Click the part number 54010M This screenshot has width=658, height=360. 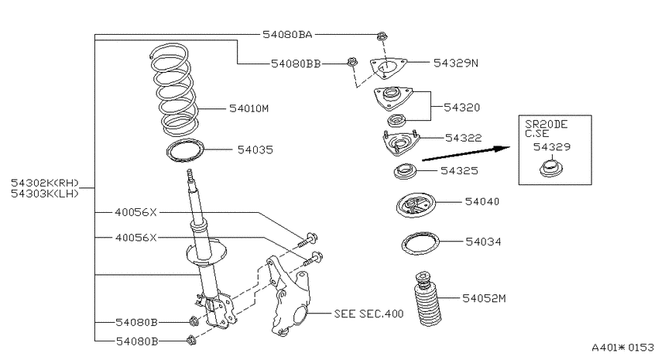click(x=248, y=108)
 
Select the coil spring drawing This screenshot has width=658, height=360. click(x=173, y=90)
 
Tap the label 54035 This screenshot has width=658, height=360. click(x=255, y=149)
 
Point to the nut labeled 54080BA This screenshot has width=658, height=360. click(x=382, y=36)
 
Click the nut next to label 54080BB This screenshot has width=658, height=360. click(x=352, y=63)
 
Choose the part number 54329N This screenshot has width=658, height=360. click(x=456, y=63)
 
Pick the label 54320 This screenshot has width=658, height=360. click(x=461, y=108)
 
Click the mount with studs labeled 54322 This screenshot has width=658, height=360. click(x=399, y=143)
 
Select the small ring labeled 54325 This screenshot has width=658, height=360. click(x=405, y=172)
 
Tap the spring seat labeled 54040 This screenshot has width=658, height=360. click(x=416, y=204)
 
